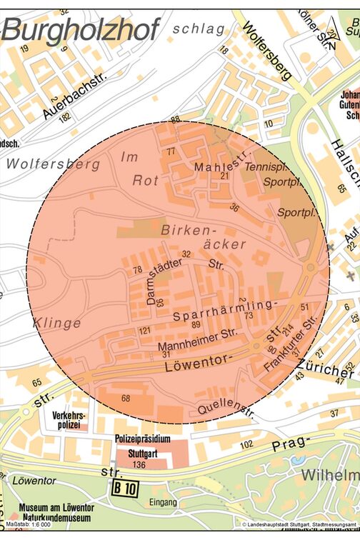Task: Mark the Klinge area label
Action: [x=56, y=323]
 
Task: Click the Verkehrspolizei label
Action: [x=69, y=420]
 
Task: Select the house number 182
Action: [x=65, y=117]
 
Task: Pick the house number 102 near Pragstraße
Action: [x=246, y=444]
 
